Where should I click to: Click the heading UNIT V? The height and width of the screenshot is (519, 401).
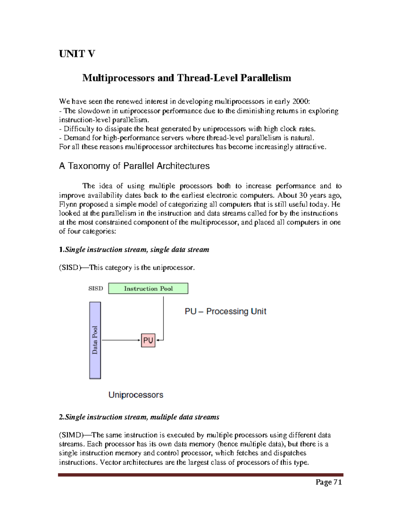tap(77, 54)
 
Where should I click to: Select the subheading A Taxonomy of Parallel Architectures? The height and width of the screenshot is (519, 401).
tap(134, 166)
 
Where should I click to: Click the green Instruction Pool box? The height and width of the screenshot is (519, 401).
tap(148, 288)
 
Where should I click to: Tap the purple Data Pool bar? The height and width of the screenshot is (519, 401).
tap(95, 340)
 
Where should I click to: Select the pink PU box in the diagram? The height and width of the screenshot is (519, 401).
tap(148, 340)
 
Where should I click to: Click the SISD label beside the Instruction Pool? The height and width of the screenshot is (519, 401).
tap(96, 288)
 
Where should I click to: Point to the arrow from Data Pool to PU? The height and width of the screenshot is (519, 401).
tap(120, 340)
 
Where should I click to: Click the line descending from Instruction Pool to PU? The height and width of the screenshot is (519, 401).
tap(163, 317)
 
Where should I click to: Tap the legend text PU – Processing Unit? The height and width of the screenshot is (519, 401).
tap(225, 311)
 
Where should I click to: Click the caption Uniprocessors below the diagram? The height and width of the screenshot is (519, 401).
tap(136, 395)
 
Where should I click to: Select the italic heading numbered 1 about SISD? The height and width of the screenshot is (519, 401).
tap(134, 250)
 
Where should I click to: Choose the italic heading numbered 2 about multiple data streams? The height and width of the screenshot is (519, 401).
tap(139, 417)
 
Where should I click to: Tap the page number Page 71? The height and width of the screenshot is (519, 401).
tap(329, 482)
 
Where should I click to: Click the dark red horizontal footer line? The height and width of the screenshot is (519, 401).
tap(200, 475)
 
